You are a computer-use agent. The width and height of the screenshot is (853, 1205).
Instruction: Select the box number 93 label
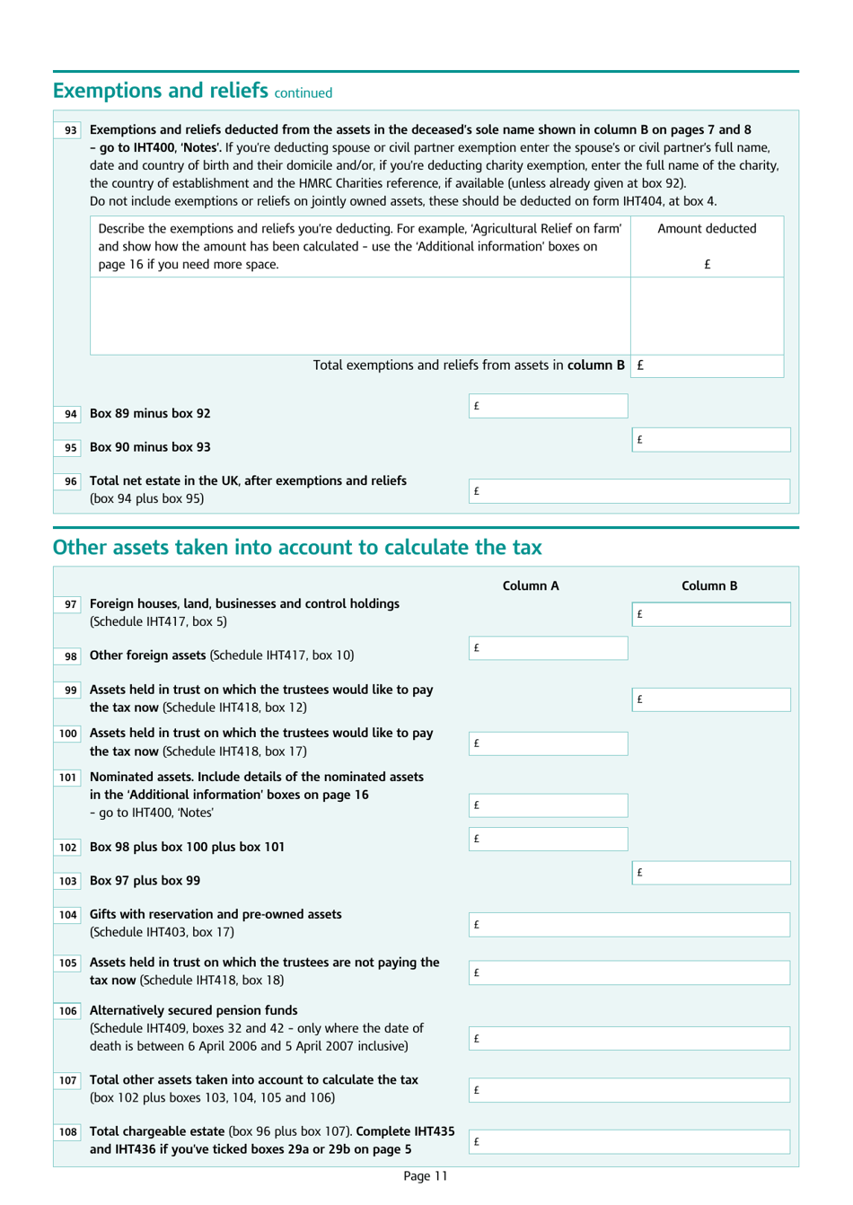point(70,130)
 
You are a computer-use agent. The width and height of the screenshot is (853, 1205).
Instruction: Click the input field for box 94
point(548,406)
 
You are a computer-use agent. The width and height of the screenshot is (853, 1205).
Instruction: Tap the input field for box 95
point(711,440)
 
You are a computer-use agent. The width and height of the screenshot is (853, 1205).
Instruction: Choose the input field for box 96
point(629,491)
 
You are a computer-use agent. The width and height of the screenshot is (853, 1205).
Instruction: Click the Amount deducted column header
point(707,229)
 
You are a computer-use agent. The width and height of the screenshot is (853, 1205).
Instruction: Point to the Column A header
point(530,585)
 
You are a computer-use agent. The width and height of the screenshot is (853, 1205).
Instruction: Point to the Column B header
point(709,585)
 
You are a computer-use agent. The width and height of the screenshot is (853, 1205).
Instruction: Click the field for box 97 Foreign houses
point(711,614)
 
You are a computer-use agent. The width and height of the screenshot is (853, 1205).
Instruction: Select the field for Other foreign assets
point(548,648)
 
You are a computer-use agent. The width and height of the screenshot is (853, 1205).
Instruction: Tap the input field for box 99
point(711,699)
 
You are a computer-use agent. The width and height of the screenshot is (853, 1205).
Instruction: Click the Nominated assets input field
point(548,805)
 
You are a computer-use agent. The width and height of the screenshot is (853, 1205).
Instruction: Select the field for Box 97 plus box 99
point(711,873)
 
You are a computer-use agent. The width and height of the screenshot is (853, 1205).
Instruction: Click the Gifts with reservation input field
point(629,925)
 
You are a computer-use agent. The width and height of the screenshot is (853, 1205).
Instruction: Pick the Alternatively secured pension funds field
point(629,1039)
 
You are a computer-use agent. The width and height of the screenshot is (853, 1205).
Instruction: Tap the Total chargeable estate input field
point(629,1142)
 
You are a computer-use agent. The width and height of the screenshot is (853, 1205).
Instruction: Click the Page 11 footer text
point(425,1176)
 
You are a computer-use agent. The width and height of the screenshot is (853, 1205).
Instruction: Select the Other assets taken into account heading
point(297,548)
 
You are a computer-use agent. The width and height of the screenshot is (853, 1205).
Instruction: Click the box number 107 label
point(68,1080)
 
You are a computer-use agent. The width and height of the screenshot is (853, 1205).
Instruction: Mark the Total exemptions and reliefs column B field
point(708,365)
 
